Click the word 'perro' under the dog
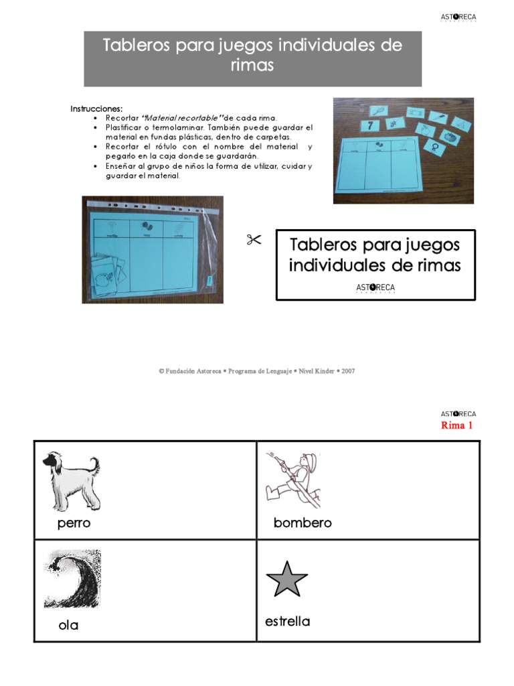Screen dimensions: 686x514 tap(74, 524)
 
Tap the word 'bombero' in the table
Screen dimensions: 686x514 tap(303, 523)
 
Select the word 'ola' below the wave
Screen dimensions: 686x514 tap(68, 626)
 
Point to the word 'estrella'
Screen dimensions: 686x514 tap(288, 622)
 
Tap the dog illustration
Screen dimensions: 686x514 tap(71, 482)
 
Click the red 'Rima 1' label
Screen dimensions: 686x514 tap(456, 426)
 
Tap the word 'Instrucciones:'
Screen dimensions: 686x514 tap(96, 109)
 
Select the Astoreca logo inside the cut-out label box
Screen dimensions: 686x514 tap(375, 288)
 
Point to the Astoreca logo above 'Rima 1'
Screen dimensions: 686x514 tap(458, 414)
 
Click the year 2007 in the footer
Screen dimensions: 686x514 tap(348, 370)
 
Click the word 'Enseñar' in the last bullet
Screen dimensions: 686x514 tap(122, 165)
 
